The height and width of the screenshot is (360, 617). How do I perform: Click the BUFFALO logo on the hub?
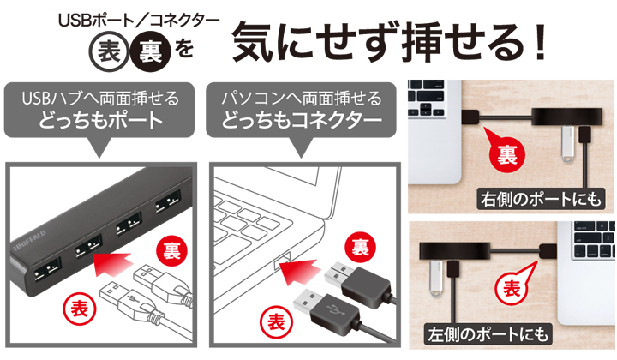(x=29, y=240)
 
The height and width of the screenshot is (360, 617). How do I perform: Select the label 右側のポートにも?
(x=541, y=199)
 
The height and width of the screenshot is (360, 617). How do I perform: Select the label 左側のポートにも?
(x=488, y=334)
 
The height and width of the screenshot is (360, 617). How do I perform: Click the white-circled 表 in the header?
(x=109, y=52)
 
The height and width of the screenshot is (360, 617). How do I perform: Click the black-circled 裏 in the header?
(x=150, y=52)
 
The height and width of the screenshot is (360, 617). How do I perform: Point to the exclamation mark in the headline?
(x=540, y=40)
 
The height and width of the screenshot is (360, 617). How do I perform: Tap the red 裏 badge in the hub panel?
(x=171, y=250)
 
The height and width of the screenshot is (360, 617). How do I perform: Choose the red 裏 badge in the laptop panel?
(x=360, y=248)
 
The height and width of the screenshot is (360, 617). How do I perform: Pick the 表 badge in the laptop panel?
(x=276, y=322)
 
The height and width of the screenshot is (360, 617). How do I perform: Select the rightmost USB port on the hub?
(x=168, y=201)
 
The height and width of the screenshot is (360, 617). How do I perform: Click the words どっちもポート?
(x=100, y=120)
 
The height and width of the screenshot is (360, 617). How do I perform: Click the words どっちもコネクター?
(x=302, y=120)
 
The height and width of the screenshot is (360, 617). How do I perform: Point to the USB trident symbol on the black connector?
(x=337, y=310)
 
